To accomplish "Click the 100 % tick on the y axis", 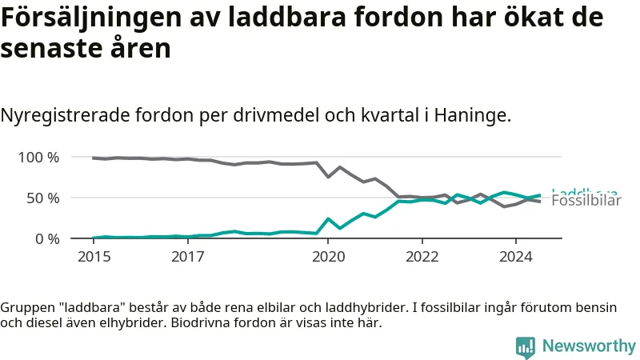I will (x=38, y=158).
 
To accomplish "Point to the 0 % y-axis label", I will (x=46, y=239).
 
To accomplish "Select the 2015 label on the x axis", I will (x=94, y=257).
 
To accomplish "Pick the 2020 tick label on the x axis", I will (x=328, y=257).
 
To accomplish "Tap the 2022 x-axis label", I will (x=422, y=257).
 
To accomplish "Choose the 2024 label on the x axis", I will (x=515, y=257).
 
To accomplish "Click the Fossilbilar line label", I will (x=586, y=202).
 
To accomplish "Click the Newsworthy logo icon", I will (x=526, y=346).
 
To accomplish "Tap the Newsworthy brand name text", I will (x=589, y=346).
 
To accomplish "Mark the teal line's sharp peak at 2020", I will (x=328, y=218).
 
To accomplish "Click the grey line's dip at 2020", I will (x=328, y=177).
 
